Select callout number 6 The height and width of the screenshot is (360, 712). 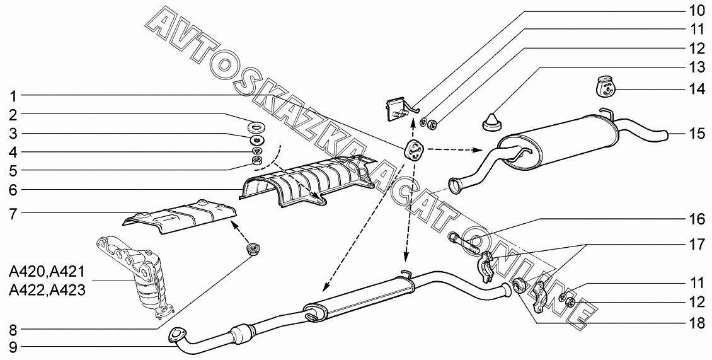[x=12, y=189]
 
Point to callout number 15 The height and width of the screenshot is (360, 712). [x=696, y=133]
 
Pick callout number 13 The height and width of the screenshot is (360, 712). [x=696, y=67]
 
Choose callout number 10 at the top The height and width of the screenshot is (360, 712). [x=696, y=11]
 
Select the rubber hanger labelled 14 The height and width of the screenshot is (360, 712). [x=606, y=86]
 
